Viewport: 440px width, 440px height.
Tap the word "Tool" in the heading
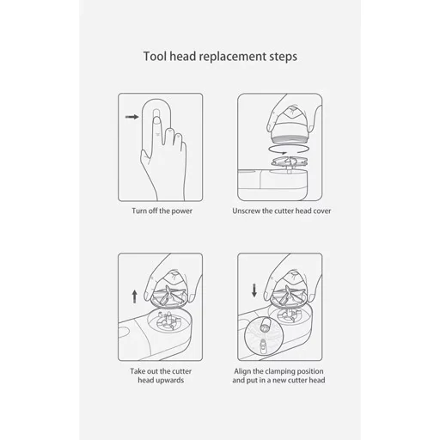click(x=155, y=56)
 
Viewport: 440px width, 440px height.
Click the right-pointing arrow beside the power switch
click(x=132, y=117)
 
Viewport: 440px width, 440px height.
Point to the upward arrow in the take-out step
click(x=135, y=296)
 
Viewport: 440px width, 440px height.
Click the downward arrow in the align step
click(x=254, y=290)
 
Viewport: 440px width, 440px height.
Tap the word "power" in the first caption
click(x=182, y=211)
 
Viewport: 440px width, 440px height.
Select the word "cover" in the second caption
click(x=321, y=211)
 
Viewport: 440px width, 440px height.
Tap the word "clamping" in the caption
click(x=279, y=371)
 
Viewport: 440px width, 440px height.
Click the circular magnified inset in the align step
click(x=264, y=336)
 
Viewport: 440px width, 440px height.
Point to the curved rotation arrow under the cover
click(x=288, y=150)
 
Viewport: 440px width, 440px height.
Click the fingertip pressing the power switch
click(x=156, y=119)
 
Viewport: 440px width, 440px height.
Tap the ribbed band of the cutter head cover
click(x=289, y=139)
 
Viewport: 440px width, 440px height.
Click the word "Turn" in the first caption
click(x=139, y=211)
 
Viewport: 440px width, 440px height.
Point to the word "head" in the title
click(x=182, y=56)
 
